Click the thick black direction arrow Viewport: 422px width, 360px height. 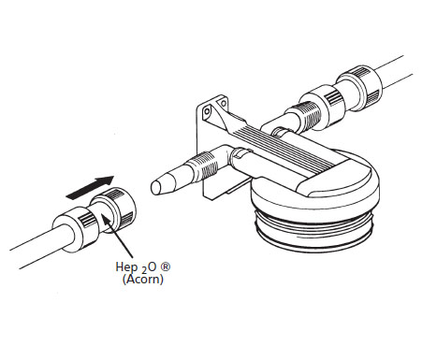(90, 187)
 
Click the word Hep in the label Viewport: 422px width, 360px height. (126, 267)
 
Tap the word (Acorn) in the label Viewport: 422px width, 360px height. (143, 280)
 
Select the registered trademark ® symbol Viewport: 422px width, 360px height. (165, 266)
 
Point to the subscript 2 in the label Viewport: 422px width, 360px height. (143, 271)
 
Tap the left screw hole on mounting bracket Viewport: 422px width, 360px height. (206, 110)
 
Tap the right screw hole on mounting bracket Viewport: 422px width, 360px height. (223, 102)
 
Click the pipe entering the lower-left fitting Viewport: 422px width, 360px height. (39, 246)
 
